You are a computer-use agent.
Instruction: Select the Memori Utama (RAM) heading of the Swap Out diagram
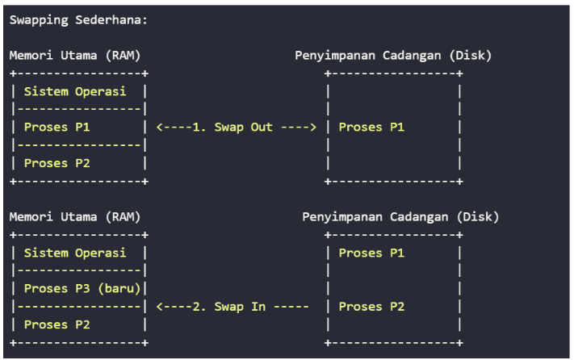[x=75, y=56]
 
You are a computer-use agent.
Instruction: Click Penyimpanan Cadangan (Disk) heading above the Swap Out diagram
[x=392, y=56]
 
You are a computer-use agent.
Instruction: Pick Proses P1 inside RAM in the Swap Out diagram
[x=57, y=127]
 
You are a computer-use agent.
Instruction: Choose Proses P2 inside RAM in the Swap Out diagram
[x=57, y=163]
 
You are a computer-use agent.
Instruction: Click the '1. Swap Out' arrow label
[x=233, y=127]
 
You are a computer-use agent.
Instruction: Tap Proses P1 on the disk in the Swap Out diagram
[x=371, y=127]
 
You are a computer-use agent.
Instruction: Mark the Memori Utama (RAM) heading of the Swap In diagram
[x=75, y=217]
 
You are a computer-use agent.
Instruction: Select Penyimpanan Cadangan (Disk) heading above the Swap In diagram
[x=400, y=217]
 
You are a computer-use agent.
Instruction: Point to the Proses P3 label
[x=57, y=288]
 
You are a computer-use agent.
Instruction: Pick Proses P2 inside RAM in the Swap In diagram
[x=57, y=324]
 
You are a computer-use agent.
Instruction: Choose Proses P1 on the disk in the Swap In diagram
[x=371, y=253]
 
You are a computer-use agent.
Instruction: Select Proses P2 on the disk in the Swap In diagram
[x=371, y=307]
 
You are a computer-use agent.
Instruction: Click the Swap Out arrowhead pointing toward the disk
[x=312, y=127]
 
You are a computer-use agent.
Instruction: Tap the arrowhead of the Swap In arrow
[x=159, y=307]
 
